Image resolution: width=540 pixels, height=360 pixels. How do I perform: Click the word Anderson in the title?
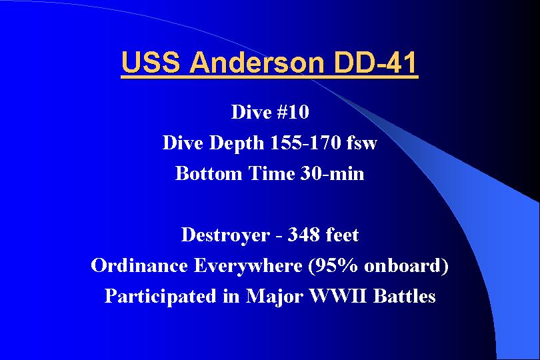click(x=257, y=62)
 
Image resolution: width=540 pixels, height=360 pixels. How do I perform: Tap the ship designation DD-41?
click(x=375, y=62)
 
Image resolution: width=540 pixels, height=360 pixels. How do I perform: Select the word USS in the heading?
click(x=151, y=62)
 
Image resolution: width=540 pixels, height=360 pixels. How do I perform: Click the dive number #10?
click(x=293, y=112)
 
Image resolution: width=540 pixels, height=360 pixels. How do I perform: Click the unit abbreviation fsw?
click(x=361, y=142)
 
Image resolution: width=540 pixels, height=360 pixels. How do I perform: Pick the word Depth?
click(x=237, y=143)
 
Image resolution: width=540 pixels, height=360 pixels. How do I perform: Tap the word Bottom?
click(x=209, y=173)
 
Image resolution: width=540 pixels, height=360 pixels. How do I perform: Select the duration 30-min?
click(x=332, y=173)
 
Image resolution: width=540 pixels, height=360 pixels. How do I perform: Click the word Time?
click(x=271, y=173)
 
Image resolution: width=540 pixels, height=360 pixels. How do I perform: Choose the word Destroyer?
click(x=225, y=235)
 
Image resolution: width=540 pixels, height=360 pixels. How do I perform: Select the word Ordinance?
click(x=139, y=265)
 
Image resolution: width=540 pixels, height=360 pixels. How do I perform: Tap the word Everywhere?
click(x=248, y=266)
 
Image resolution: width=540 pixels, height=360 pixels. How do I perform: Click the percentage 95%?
click(x=333, y=266)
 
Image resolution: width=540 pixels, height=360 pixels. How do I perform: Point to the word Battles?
click(x=404, y=296)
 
